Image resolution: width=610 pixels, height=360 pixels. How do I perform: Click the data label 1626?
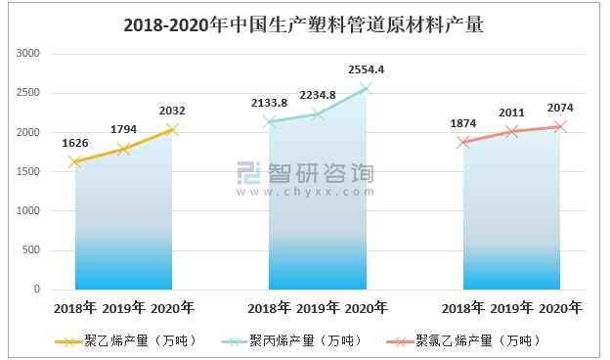pyautogui.click(x=75, y=143)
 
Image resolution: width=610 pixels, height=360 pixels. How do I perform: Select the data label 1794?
pyautogui.click(x=123, y=129)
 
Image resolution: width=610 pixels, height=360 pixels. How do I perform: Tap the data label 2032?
pyautogui.click(x=172, y=111)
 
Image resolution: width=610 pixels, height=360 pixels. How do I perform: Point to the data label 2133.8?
pyautogui.click(x=269, y=103)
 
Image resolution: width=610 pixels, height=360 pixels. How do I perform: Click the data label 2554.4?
pyautogui.click(x=366, y=69)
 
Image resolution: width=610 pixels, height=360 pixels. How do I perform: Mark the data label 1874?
pyautogui.click(x=463, y=123)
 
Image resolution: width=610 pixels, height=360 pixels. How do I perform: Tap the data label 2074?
pyautogui.click(x=560, y=108)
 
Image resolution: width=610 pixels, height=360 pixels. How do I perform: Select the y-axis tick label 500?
pyautogui.click(x=31, y=250)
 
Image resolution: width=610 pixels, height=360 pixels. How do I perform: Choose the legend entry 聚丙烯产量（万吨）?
pyautogui.click(x=306, y=340)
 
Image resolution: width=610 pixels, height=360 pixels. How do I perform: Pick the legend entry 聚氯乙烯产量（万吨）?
pyautogui.click(x=477, y=340)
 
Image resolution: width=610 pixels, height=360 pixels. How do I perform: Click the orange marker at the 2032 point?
pyautogui.click(x=172, y=129)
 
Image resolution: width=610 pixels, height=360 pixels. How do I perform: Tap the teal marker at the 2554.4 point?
pyautogui.click(x=366, y=88)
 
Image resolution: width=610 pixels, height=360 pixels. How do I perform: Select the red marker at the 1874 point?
pyautogui.click(x=463, y=142)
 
